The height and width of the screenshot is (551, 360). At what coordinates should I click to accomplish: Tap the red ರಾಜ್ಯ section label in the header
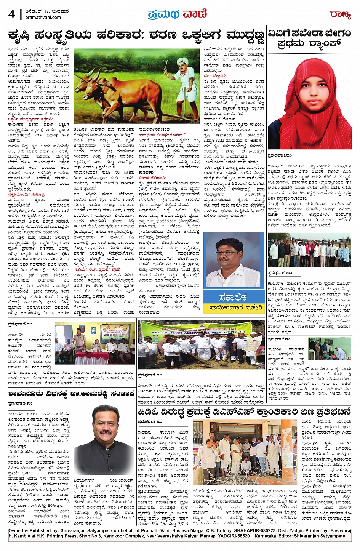(x=340, y=15)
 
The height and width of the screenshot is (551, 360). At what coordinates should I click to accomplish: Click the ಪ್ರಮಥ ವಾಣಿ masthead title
(x=177, y=14)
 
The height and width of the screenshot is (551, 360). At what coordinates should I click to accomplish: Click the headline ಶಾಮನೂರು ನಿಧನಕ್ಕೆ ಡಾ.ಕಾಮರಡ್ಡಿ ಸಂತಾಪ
(x=71, y=393)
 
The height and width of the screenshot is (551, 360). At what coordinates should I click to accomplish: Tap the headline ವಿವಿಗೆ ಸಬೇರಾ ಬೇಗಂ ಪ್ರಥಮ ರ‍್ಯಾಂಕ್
(x=309, y=38)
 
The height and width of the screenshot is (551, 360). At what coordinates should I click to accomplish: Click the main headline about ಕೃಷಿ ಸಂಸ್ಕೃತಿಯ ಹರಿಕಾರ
(x=136, y=36)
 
